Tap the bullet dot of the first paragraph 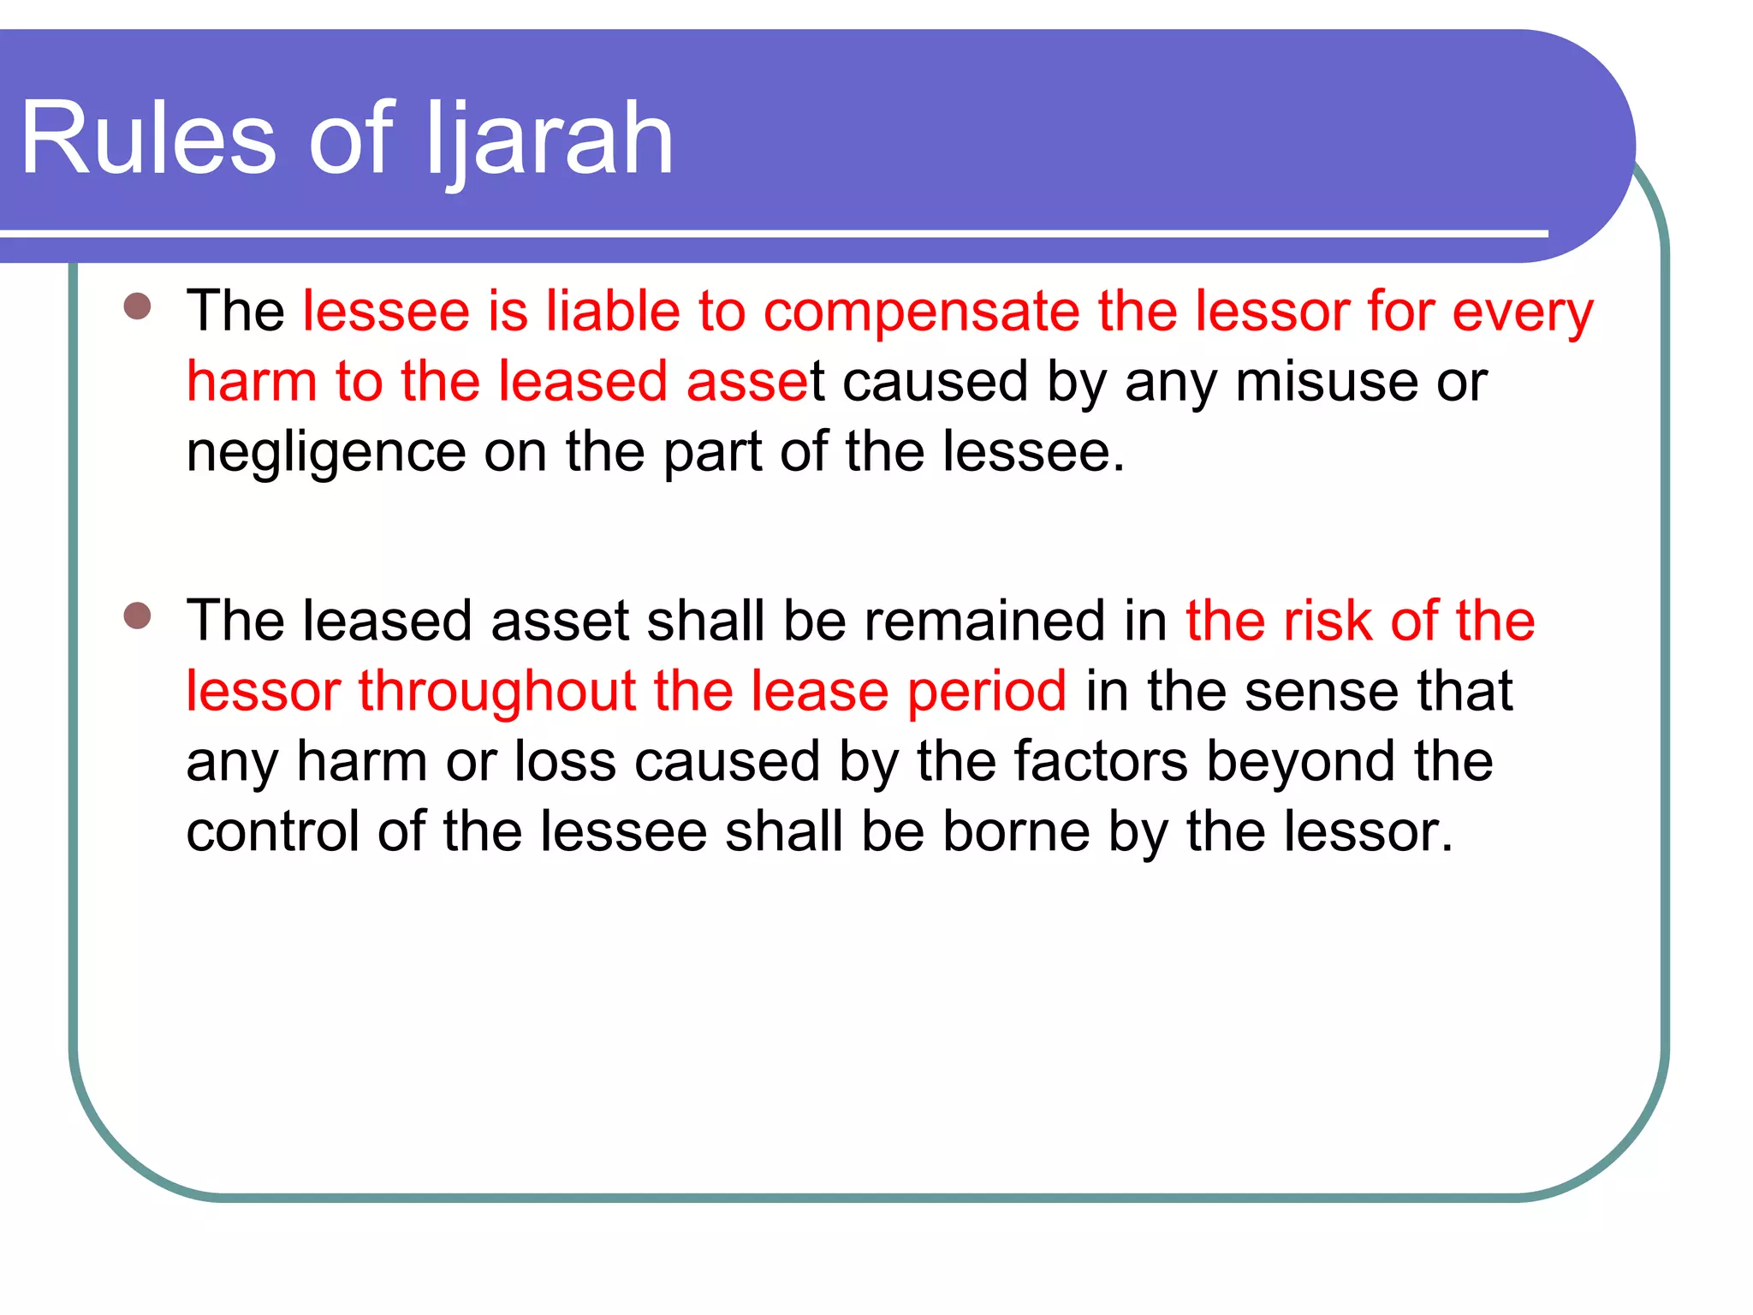point(137,306)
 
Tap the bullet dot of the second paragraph point(137,616)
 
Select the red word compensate point(921,311)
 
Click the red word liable point(613,311)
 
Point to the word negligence point(325,453)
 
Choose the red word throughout point(496,692)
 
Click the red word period point(987,692)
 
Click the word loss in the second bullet point(564,762)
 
